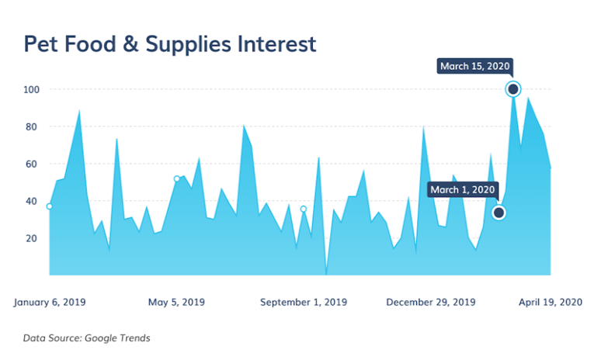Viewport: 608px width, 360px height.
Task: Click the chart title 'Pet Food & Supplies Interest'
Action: [x=170, y=43]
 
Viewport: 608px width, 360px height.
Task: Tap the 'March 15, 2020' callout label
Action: [x=475, y=67]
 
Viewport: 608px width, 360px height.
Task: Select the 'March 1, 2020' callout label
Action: [x=462, y=189]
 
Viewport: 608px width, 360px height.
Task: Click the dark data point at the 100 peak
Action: [x=512, y=89]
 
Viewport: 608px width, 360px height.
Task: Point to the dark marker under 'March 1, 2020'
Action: [x=499, y=213]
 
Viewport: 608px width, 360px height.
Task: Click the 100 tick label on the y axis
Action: [x=30, y=89]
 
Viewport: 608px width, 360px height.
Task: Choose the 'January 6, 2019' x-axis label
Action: [x=50, y=302]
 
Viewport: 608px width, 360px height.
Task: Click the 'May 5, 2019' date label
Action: [x=176, y=302]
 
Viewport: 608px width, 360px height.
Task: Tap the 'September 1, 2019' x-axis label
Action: [x=304, y=302]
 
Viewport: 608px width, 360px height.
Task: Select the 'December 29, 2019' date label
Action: [x=431, y=302]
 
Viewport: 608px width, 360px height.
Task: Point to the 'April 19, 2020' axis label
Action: [x=551, y=302]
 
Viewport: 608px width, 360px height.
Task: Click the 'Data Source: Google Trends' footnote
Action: [x=87, y=337]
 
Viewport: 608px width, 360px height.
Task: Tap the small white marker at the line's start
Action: [x=50, y=206]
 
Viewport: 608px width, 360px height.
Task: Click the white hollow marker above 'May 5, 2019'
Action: [x=176, y=179]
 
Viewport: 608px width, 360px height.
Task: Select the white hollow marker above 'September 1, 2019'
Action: [x=304, y=209]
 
